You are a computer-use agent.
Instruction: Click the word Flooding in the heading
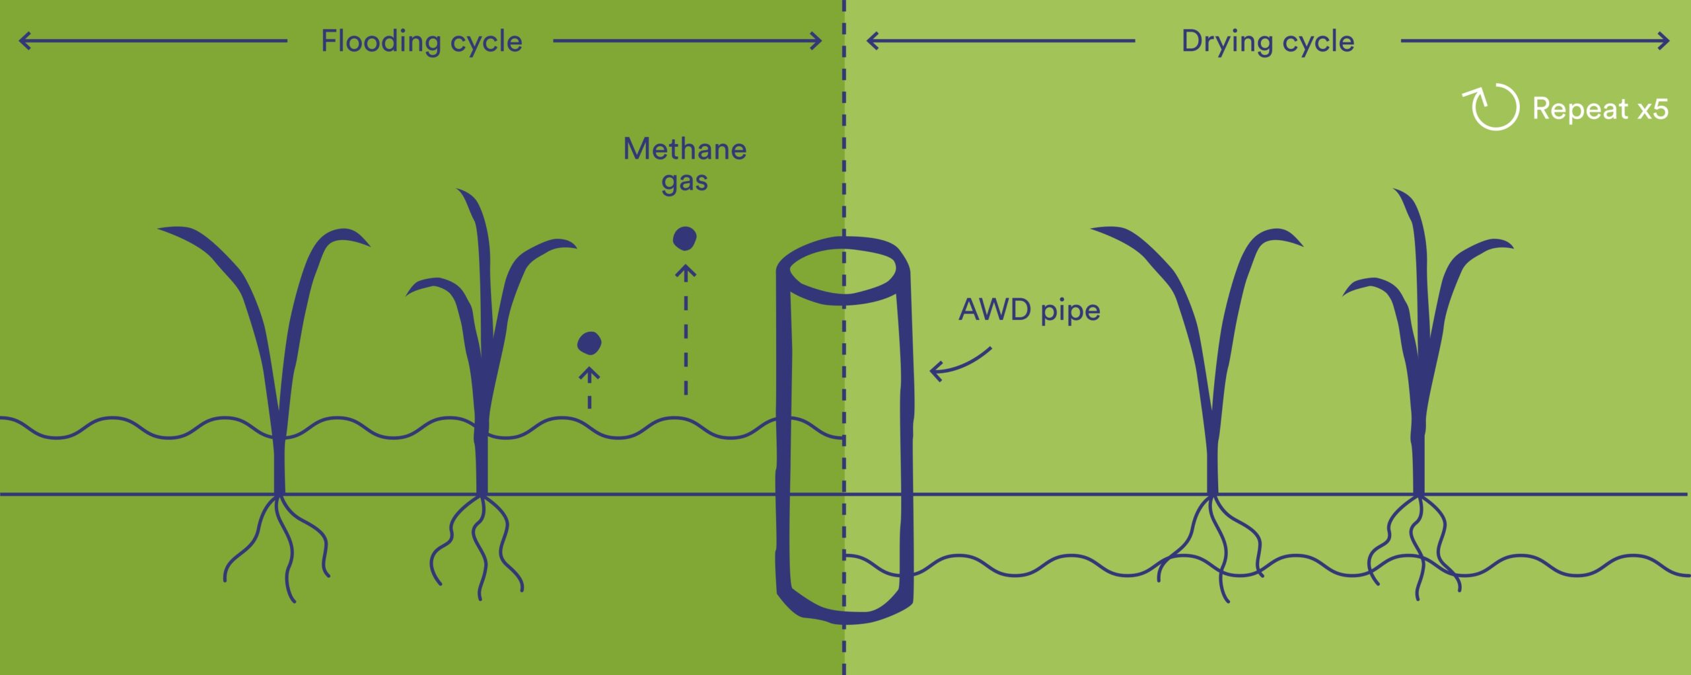(380, 42)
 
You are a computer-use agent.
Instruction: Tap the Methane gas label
(684, 164)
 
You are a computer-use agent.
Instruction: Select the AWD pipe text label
(1029, 310)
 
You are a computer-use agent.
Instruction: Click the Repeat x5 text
(1600, 109)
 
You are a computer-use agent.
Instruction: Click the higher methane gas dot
(684, 238)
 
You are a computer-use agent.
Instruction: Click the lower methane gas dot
(589, 343)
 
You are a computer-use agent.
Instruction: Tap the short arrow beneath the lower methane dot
(589, 387)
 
